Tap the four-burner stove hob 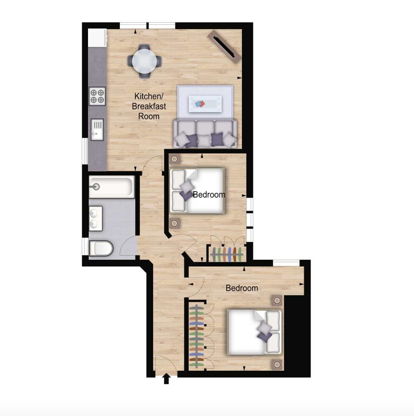point(97,96)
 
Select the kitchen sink point(97,129)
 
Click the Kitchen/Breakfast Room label point(149,106)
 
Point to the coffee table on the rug point(205,104)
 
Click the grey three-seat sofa point(205,134)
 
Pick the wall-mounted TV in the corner point(224,46)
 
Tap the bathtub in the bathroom point(111,187)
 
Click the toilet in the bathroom point(101,249)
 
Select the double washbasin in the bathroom point(96,219)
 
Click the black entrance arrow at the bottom point(166,378)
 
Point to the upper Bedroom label point(209,195)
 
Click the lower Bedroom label point(242,288)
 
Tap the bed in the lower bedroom point(254,332)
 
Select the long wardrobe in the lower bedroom point(201,336)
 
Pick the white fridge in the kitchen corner point(97,38)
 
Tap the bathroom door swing point(129,246)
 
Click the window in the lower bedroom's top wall point(286,263)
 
